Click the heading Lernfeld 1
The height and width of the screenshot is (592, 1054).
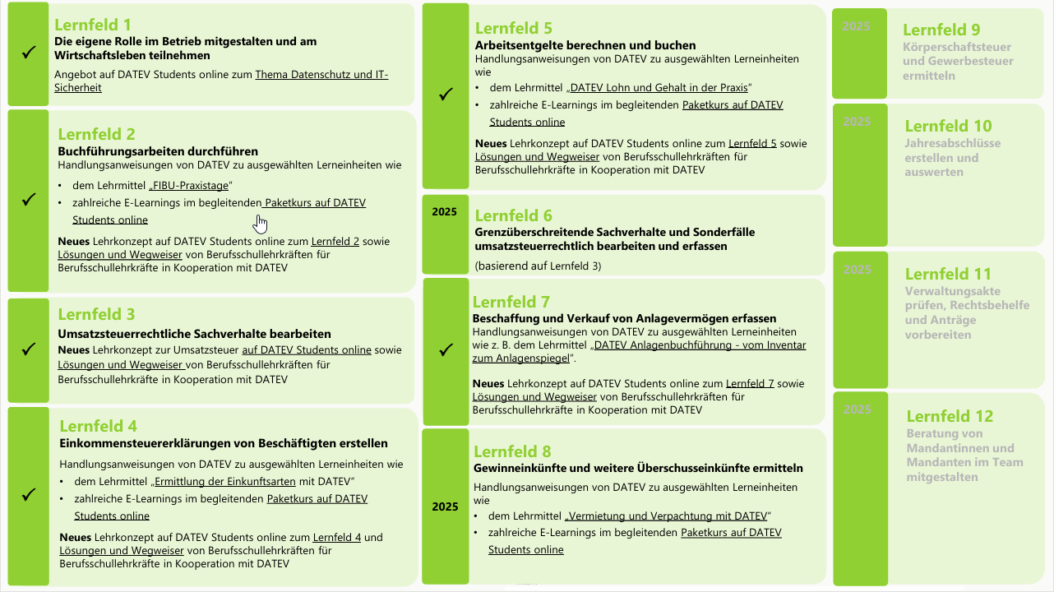[92, 25]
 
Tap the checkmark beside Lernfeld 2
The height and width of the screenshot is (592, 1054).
[29, 199]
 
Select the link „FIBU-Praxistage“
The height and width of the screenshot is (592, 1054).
[191, 184]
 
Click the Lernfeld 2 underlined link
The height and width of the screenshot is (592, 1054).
[335, 242]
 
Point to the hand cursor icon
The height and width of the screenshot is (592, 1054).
[261, 224]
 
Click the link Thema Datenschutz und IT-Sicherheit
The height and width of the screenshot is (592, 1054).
[321, 75]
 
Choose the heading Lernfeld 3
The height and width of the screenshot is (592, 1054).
[96, 314]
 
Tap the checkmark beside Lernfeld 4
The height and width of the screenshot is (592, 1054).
[29, 494]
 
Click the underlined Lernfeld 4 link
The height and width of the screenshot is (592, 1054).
[337, 538]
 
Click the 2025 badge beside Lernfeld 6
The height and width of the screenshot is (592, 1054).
[444, 212]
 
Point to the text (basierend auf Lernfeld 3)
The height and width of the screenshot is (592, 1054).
[537, 266]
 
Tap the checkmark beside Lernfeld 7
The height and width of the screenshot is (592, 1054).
[446, 349]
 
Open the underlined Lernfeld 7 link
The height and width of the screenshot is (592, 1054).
[749, 384]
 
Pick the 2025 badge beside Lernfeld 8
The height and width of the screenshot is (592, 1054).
[445, 506]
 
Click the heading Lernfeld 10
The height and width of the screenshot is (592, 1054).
[948, 126]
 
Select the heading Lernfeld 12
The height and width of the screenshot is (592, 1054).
[950, 416]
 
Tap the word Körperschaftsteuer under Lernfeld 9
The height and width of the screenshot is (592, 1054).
[957, 47]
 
